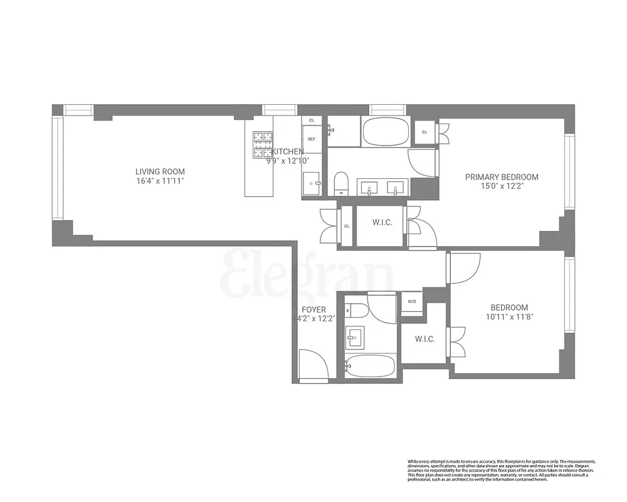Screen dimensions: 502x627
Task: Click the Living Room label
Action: point(161,171)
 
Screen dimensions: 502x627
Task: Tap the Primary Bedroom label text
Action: point(502,177)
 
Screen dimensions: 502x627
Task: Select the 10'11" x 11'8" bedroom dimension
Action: point(508,317)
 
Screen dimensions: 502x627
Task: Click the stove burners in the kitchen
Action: point(263,144)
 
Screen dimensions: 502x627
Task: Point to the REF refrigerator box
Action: point(312,139)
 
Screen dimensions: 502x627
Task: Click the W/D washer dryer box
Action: point(412,302)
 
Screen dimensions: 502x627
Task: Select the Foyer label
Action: point(313,309)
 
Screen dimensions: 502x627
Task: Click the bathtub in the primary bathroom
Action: point(385,132)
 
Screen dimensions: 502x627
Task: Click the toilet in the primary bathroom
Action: point(341,183)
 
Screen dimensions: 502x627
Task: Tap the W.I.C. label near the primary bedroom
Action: point(382,223)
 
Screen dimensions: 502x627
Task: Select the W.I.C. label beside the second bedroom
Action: point(424,339)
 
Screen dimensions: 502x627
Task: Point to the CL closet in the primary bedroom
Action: point(425,132)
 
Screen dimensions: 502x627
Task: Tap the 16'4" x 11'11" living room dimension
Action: point(161,181)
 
